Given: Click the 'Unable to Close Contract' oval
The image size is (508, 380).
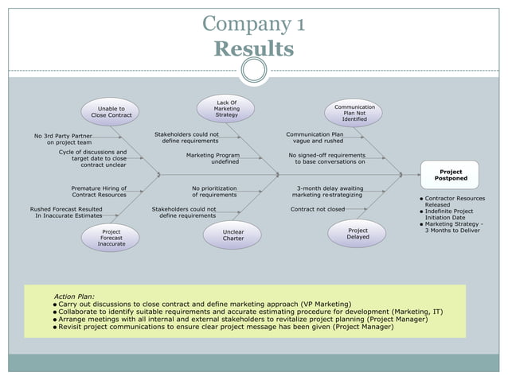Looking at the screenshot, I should (x=111, y=111).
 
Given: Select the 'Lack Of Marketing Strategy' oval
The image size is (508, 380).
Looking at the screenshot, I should (x=226, y=109).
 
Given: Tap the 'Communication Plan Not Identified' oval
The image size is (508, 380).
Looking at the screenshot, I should (x=354, y=113).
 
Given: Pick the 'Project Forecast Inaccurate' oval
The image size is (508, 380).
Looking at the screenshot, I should (x=111, y=237).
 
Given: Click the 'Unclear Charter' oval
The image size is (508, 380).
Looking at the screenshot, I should (x=233, y=235).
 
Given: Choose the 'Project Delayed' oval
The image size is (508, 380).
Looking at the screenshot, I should (x=358, y=234).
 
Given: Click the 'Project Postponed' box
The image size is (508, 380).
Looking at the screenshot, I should (x=450, y=175).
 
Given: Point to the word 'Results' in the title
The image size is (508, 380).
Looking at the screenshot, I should (x=253, y=49).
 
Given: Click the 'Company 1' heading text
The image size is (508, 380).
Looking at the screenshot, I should (x=253, y=24).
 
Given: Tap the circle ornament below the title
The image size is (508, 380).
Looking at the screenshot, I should (x=253, y=72).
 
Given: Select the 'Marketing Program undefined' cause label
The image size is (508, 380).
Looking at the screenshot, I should (x=213, y=158).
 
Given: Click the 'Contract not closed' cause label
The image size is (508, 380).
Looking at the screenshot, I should (x=318, y=210).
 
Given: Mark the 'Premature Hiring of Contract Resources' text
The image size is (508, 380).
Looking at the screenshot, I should (x=99, y=192).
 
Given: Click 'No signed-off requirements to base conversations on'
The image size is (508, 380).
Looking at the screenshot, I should (x=326, y=158).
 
